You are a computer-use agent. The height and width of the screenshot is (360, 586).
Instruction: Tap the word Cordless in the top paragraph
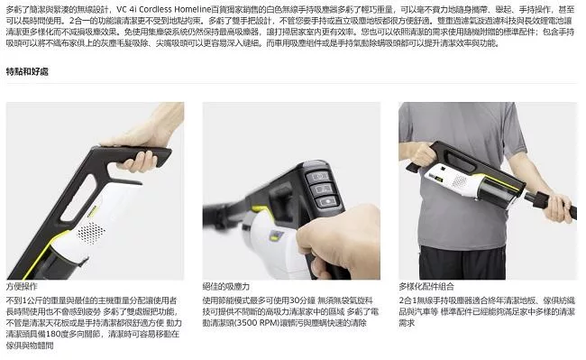tap(165, 8)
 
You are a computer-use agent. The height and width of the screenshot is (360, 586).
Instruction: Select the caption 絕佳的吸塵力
tap(225, 287)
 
